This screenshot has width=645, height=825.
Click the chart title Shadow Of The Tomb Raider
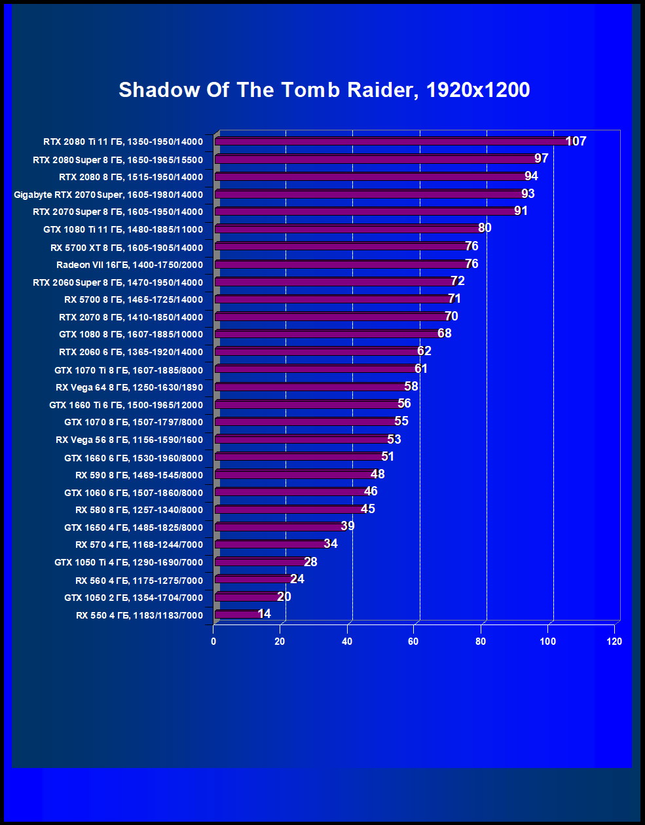(324, 90)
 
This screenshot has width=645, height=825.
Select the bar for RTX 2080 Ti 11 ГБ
(393, 142)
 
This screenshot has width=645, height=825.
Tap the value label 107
(576, 141)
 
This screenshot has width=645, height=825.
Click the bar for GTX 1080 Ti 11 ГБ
(347, 229)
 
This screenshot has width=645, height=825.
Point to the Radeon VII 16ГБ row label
(130, 265)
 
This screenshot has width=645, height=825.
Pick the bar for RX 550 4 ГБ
(237, 615)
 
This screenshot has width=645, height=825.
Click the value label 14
(265, 614)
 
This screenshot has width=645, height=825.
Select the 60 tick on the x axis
(414, 642)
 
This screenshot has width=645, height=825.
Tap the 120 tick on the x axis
(614, 642)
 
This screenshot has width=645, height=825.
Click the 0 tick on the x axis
(213, 642)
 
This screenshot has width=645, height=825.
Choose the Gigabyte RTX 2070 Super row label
(109, 195)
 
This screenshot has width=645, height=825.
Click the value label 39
(348, 526)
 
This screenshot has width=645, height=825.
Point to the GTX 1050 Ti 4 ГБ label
(129, 562)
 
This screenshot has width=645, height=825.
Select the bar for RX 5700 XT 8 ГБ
(341, 247)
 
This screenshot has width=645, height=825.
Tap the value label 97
(541, 159)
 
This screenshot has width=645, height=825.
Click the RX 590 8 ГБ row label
(139, 475)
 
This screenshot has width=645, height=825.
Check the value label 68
(445, 334)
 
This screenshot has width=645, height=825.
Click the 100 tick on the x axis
(547, 642)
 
